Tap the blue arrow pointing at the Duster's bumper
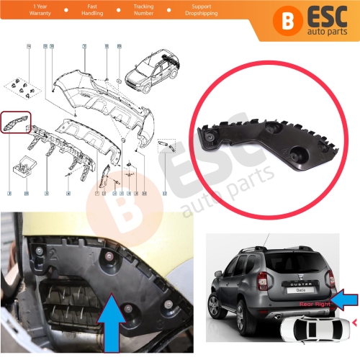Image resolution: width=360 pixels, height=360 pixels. point(343,295)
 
